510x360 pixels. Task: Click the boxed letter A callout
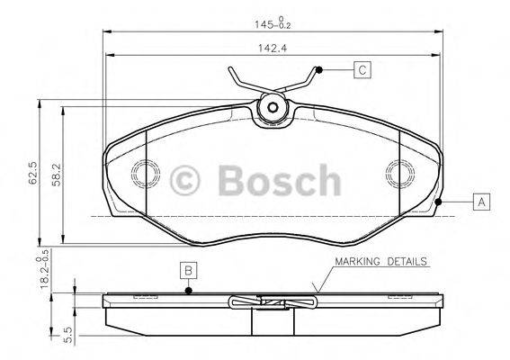point(482,202)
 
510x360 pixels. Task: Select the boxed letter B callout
point(188,269)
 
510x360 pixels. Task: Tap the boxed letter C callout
point(361,69)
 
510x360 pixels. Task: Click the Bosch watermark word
point(278,181)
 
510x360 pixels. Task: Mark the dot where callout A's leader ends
point(438,202)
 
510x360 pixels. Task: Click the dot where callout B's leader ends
point(188,290)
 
